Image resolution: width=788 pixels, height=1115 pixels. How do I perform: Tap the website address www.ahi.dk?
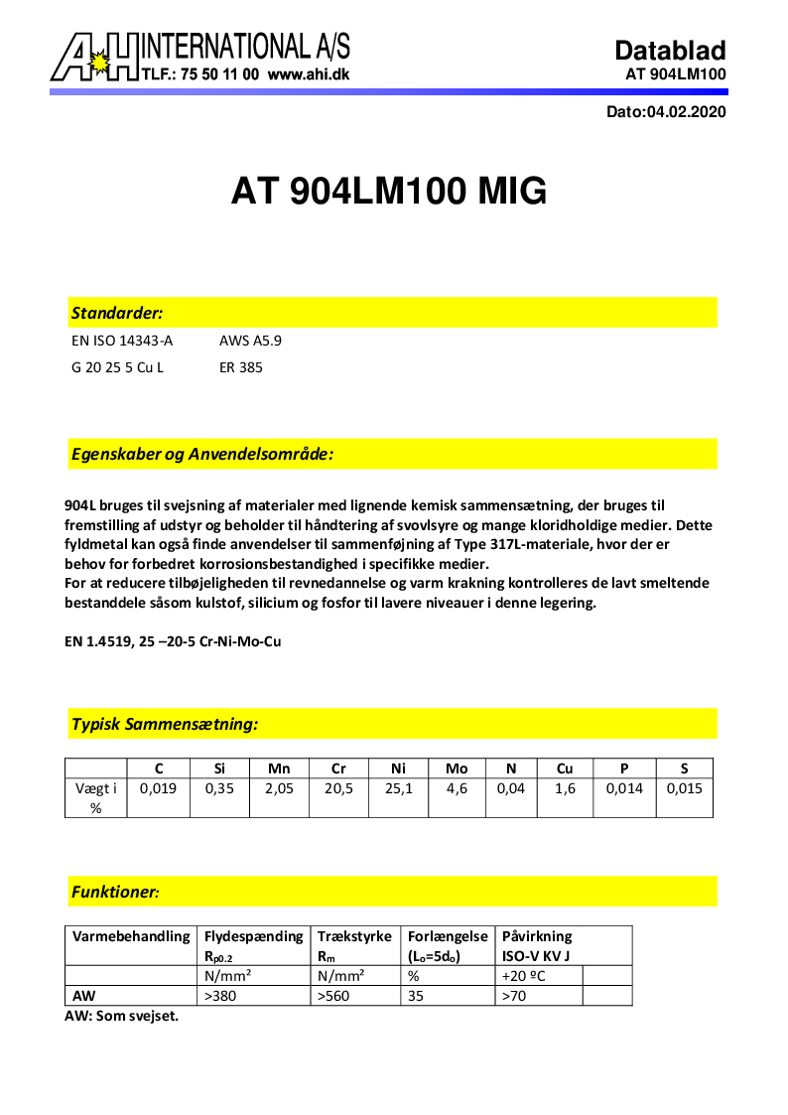coord(308,74)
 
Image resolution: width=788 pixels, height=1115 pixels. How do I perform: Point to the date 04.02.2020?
coord(686,112)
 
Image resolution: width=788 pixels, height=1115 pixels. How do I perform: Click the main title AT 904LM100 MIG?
coord(389,191)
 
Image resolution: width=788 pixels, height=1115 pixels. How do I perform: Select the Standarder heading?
coord(117,313)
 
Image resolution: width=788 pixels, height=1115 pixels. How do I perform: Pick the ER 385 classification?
coord(241,367)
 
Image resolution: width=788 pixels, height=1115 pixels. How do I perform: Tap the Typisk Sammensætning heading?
coord(165,724)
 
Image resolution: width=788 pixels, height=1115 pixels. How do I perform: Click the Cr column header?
coord(339,767)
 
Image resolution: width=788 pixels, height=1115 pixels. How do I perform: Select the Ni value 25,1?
coord(400,789)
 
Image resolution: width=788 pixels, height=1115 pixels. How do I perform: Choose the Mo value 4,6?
coord(457,789)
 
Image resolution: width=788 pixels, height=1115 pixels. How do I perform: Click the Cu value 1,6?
coord(565,789)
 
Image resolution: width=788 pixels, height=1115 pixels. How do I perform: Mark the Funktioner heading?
coord(115,892)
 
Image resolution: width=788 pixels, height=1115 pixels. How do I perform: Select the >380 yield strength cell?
coord(220,996)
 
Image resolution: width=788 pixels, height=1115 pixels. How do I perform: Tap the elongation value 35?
coord(417,996)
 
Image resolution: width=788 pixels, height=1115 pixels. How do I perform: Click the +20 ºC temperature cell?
coord(526,976)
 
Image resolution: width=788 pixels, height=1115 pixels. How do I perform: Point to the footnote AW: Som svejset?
coord(122,1016)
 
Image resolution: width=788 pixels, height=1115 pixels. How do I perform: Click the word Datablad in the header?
coord(670,51)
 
